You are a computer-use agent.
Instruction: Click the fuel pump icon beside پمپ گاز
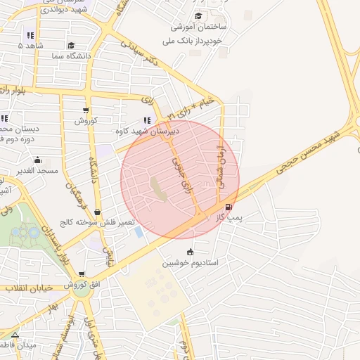coord(229,207)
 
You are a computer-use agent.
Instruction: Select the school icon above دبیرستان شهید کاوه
coord(147,120)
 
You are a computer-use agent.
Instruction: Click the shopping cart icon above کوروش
coord(86,110)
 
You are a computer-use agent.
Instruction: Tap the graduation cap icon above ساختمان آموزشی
coord(198,15)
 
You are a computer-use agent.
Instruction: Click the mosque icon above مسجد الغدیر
coord(37,160)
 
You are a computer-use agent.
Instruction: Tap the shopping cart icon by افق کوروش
coord(82,274)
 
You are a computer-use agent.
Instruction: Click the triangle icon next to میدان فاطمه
coord(15,333)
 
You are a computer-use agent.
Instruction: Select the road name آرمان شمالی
coord(224,167)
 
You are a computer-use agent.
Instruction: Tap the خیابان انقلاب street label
coord(25,287)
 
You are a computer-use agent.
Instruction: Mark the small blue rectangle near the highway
coord(138,231)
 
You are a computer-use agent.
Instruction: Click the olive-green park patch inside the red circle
coord(157,189)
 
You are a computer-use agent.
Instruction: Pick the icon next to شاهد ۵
coord(30,35)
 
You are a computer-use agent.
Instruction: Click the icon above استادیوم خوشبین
coord(190,252)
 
